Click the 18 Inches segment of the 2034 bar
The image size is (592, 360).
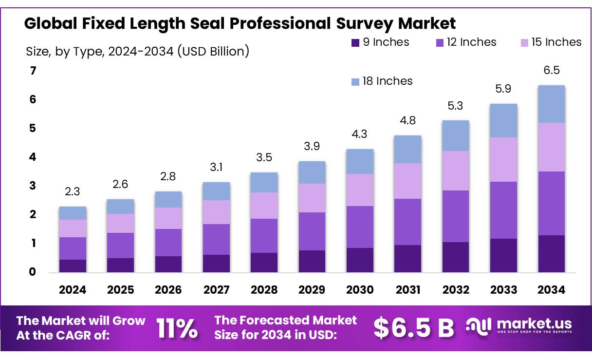[551, 104]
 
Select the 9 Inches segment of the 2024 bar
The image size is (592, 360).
[73, 265]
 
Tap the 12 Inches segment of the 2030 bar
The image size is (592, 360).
[360, 227]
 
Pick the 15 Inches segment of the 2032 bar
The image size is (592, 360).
[455, 171]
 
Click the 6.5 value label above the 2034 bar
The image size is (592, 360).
[552, 70]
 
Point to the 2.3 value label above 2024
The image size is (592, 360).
[73, 192]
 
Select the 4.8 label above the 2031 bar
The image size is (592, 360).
[407, 120]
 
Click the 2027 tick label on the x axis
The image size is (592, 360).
[216, 290]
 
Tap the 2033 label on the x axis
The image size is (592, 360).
[503, 290]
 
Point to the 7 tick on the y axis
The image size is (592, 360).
[33, 71]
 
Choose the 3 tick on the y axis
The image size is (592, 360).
[33, 186]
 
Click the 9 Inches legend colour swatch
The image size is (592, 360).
[355, 43]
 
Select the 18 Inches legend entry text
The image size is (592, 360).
[388, 81]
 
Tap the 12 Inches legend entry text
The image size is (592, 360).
[471, 42]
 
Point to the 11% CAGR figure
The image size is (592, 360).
[177, 328]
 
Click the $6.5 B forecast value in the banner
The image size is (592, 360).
[413, 328]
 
